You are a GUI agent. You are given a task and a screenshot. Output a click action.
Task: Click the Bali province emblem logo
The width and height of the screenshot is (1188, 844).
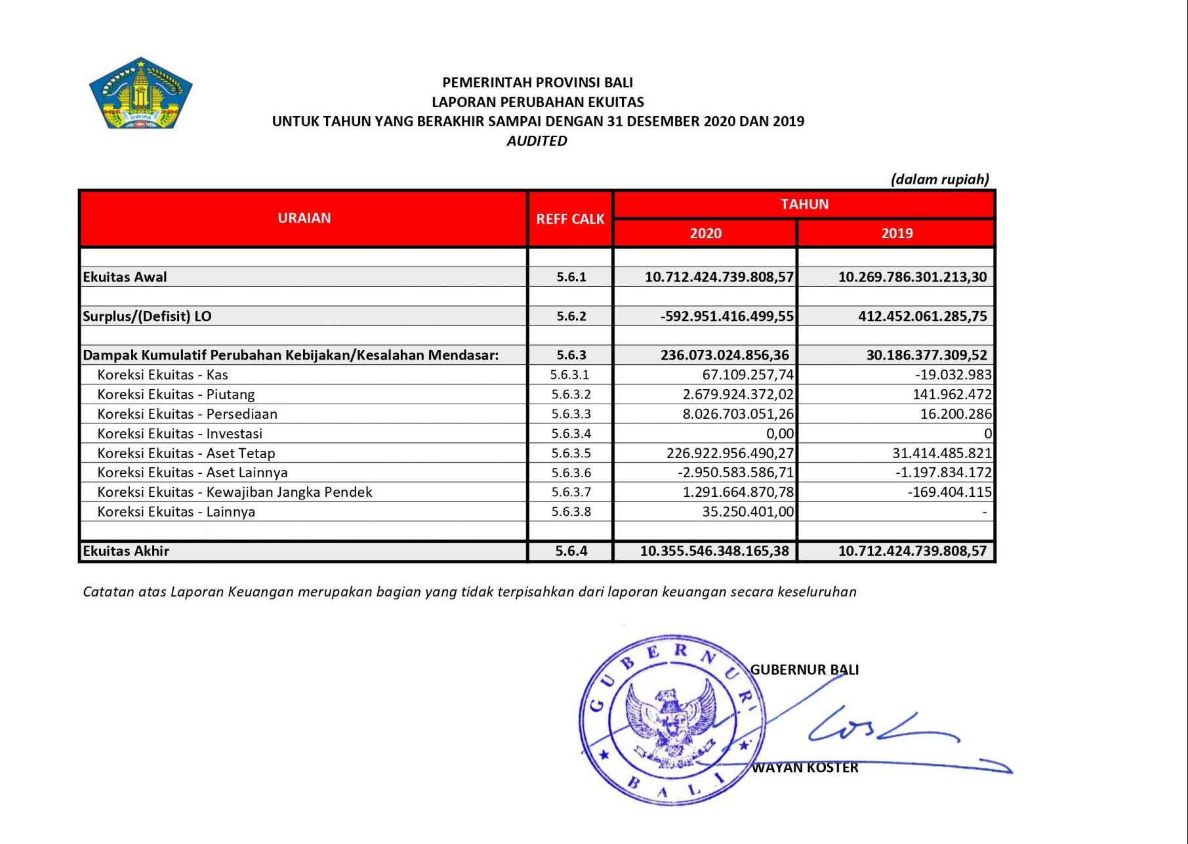click(x=140, y=93)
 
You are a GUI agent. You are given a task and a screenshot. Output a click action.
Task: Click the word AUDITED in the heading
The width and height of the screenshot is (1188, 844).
click(x=537, y=140)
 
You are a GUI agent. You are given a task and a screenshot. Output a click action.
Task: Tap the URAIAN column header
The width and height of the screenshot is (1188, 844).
click(x=304, y=219)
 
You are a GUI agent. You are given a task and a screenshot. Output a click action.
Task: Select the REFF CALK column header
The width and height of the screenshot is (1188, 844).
click(x=570, y=219)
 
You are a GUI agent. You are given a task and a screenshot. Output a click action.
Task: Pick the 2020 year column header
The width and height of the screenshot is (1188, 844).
click(x=705, y=234)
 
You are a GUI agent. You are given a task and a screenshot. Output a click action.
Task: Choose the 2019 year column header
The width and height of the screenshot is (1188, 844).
click(x=897, y=234)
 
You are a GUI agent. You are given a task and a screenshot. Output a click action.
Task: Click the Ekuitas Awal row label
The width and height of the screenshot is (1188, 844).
click(x=125, y=277)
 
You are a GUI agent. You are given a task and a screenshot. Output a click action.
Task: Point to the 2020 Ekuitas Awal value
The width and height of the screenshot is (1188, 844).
click(x=719, y=277)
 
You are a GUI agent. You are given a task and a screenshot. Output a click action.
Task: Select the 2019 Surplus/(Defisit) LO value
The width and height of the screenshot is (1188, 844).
click(x=922, y=316)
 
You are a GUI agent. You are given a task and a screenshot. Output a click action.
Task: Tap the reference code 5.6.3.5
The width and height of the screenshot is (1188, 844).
click(x=571, y=453)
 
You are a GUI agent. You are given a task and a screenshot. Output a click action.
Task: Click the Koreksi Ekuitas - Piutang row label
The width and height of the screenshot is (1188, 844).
click(x=176, y=394)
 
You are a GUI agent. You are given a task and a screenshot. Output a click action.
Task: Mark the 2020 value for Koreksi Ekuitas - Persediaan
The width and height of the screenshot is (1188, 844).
click(x=738, y=414)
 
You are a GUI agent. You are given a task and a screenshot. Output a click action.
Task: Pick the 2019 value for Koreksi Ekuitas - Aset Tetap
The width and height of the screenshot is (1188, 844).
click(x=942, y=453)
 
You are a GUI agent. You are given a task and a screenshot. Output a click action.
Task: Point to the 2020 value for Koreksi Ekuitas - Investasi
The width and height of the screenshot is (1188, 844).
click(x=780, y=434)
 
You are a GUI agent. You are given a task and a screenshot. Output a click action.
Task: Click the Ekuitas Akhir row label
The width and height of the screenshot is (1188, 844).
click(x=126, y=551)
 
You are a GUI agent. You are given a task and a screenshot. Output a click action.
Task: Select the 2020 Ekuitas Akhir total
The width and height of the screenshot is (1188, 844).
click(x=714, y=551)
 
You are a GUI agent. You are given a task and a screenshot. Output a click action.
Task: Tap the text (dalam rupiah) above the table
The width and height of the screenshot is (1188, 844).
click(x=939, y=179)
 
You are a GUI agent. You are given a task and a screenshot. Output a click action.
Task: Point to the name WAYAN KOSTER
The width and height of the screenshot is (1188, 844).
click(x=805, y=768)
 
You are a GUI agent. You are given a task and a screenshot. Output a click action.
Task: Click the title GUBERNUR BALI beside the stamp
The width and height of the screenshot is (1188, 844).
click(x=804, y=670)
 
